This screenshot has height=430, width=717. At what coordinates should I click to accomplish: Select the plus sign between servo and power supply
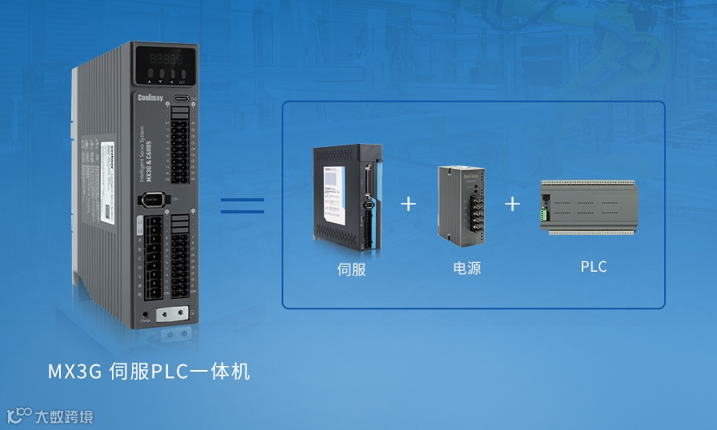pyautogui.click(x=408, y=203)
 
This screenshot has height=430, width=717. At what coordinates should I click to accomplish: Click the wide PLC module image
pyautogui.click(x=588, y=205)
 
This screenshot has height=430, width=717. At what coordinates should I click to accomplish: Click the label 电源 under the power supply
pyautogui.click(x=467, y=268)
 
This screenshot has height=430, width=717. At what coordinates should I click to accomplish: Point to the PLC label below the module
pyautogui.click(x=594, y=266)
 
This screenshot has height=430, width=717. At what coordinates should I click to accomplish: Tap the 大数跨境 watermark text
pyautogui.click(x=62, y=416)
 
